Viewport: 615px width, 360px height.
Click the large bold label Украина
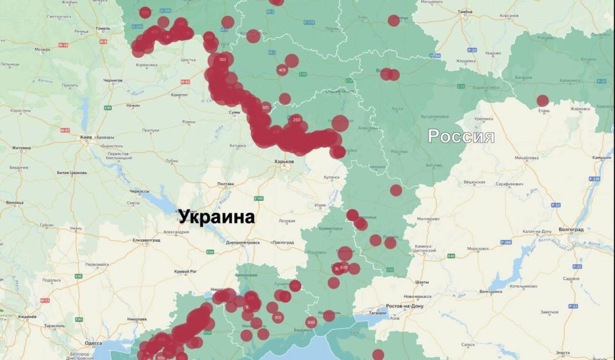click(217, 217)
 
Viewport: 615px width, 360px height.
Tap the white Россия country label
click(461, 136)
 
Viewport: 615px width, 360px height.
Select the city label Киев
click(85, 137)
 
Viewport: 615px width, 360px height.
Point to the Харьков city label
click(284, 162)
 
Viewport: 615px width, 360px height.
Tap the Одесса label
click(94, 343)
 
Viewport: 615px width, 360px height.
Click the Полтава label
click(225, 184)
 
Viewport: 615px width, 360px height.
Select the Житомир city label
click(22, 148)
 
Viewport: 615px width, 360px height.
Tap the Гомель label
click(102, 28)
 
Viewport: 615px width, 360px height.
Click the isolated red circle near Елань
click(543, 100)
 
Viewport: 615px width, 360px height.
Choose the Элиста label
click(563, 352)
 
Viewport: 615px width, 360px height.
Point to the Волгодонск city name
click(491, 292)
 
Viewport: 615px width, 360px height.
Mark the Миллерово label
click(429, 218)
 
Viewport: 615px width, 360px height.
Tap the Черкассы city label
click(139, 191)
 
